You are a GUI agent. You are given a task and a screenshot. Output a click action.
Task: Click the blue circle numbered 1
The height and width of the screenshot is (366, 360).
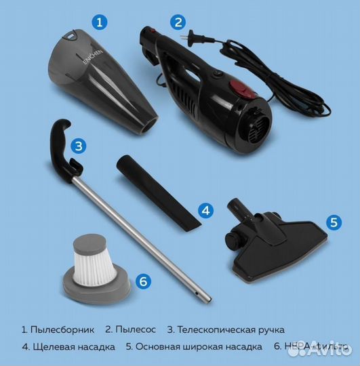coord(100,22)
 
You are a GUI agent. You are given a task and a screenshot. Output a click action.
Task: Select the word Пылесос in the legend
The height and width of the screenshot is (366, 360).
coord(136,329)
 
